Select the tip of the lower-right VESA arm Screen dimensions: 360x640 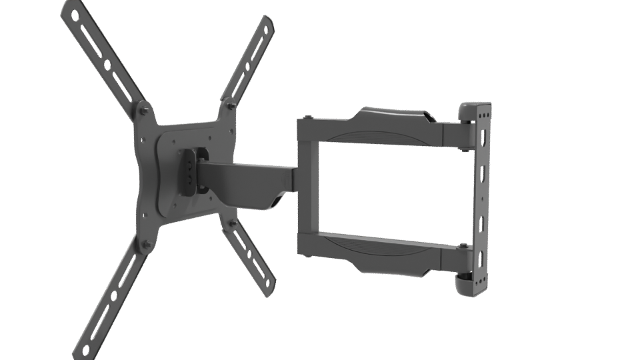270,287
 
